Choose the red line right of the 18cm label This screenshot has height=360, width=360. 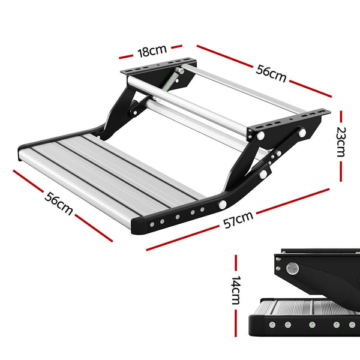[x=175, y=46]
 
